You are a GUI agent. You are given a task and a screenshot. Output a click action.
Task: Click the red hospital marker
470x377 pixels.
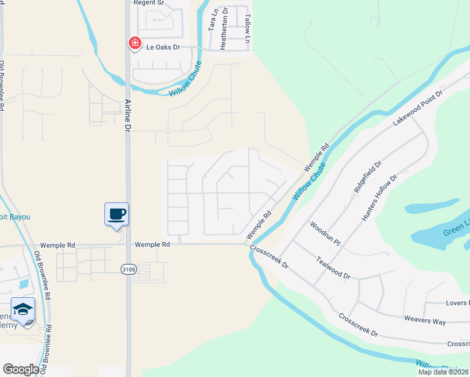[134, 43]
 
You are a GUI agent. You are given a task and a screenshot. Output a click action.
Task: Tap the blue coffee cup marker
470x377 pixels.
[116, 214]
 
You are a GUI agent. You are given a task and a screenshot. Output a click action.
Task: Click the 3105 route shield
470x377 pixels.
[128, 269]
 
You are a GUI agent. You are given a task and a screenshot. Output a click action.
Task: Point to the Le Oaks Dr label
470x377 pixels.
[163, 46]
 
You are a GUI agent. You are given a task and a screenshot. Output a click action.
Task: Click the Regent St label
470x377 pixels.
[149, 3]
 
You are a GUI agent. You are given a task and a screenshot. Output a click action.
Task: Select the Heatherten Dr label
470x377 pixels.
[224, 29]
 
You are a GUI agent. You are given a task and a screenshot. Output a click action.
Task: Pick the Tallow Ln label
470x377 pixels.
[248, 24]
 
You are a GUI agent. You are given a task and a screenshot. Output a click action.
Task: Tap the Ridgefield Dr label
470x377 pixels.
[368, 177]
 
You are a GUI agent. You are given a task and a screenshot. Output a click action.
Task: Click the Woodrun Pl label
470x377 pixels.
[324, 232]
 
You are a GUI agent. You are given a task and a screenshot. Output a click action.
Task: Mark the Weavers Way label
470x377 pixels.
[425, 321]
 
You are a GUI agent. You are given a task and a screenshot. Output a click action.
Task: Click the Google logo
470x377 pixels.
[21, 369]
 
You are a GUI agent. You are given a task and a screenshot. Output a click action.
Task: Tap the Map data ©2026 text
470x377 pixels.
[444, 372]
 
